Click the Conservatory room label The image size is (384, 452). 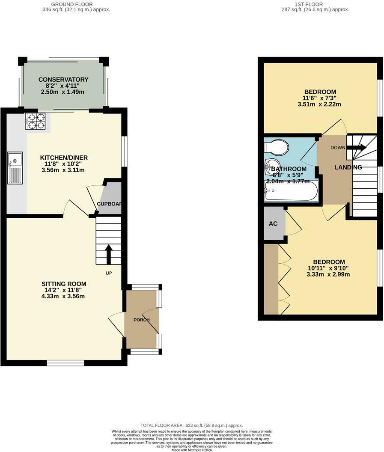point(63,80)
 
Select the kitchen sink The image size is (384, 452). point(15,167)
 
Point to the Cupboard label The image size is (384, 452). point(109,204)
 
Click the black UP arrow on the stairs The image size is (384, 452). point(108,253)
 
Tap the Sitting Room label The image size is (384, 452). point(64,284)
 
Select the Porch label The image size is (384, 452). point(141,320)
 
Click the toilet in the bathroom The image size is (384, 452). point(277,147)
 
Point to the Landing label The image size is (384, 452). point(348,167)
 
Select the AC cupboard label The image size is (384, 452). point(273,224)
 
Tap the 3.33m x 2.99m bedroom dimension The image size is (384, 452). point(328,274)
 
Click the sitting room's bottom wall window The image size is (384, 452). point(65,363)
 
